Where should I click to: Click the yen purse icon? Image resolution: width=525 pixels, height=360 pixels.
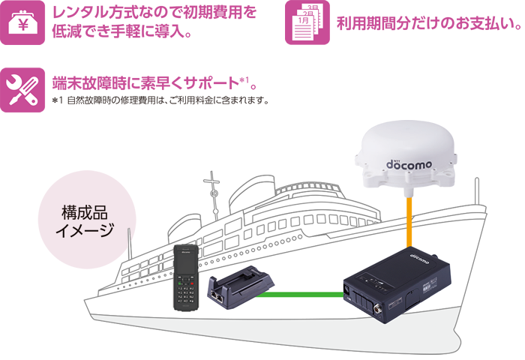pyautogui.click(x=22, y=23)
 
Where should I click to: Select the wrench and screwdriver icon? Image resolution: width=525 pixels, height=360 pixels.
pyautogui.click(x=22, y=89)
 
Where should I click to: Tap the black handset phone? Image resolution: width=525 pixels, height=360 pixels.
pyautogui.click(x=185, y=277)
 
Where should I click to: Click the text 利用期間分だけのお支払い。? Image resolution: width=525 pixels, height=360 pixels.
pyautogui.click(x=427, y=24)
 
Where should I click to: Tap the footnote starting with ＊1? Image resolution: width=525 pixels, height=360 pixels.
pyautogui.click(x=160, y=100)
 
